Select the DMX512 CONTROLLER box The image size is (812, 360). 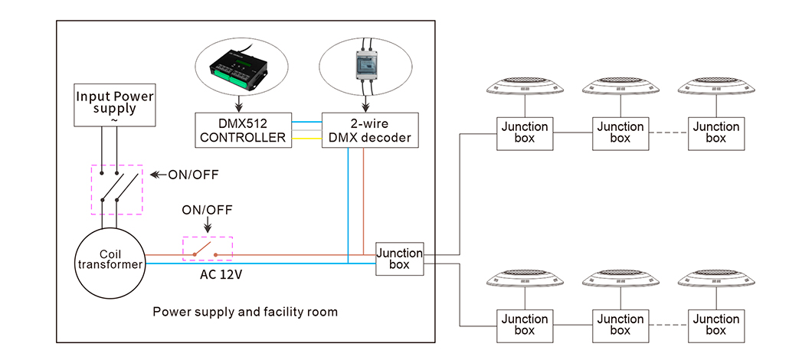coord(242,130)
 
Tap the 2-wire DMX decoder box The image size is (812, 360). coord(370,130)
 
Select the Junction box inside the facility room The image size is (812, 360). coord(398,259)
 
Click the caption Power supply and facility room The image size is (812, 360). coord(245,313)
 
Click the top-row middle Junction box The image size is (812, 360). coord(620,133)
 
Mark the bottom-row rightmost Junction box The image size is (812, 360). coord(715,325)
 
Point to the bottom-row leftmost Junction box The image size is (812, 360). coord(525,325)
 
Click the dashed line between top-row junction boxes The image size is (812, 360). coord(668,133)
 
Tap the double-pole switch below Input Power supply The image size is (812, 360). coord(117,188)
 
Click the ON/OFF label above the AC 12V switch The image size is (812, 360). coord(207,210)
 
